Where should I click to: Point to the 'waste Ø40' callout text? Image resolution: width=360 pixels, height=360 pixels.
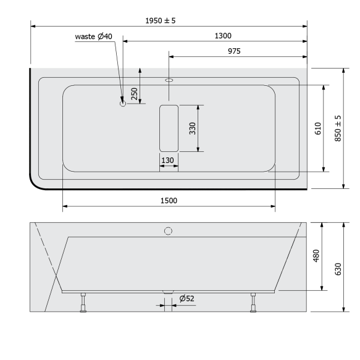[x=94, y=36]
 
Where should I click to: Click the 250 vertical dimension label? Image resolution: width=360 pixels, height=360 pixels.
[x=134, y=93]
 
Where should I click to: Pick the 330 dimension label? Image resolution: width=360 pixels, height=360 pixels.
[x=192, y=128]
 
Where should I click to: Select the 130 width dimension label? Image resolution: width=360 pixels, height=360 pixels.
[x=168, y=161]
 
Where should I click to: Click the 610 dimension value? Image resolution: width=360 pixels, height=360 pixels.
[x=317, y=128]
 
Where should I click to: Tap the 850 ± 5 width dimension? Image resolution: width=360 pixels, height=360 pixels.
[x=337, y=128]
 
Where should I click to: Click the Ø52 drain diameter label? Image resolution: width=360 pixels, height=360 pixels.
[x=187, y=299]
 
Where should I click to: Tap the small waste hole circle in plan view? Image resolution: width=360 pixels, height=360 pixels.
[x=122, y=104]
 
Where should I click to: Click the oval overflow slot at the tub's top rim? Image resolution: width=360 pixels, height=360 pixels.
[x=169, y=80]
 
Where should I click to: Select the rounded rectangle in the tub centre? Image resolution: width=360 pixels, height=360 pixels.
[x=169, y=128]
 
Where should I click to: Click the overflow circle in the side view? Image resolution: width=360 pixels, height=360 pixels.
[x=168, y=231]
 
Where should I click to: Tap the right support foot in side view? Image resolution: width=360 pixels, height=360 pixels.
[x=253, y=303]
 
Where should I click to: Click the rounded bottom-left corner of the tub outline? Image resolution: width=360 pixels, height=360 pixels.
[x=37, y=182]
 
